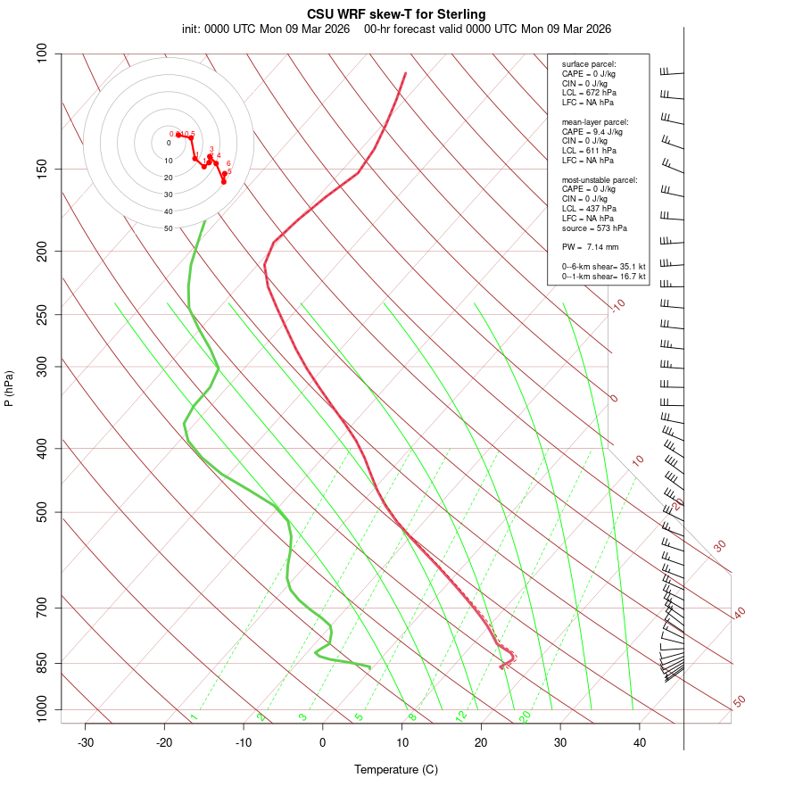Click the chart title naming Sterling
point(397,14)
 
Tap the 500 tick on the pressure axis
point(42,512)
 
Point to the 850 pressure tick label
point(42,663)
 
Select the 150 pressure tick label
point(42,169)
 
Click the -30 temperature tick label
point(86,742)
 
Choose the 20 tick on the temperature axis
point(481,742)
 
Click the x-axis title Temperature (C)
point(396,769)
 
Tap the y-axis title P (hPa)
point(9,389)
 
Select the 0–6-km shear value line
point(603,266)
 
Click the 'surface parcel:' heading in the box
point(589,64)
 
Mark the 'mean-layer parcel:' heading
point(595,121)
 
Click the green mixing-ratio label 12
point(461,716)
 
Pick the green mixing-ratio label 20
point(525,716)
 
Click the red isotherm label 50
point(739,702)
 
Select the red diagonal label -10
point(617,306)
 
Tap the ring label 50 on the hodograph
point(168,228)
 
